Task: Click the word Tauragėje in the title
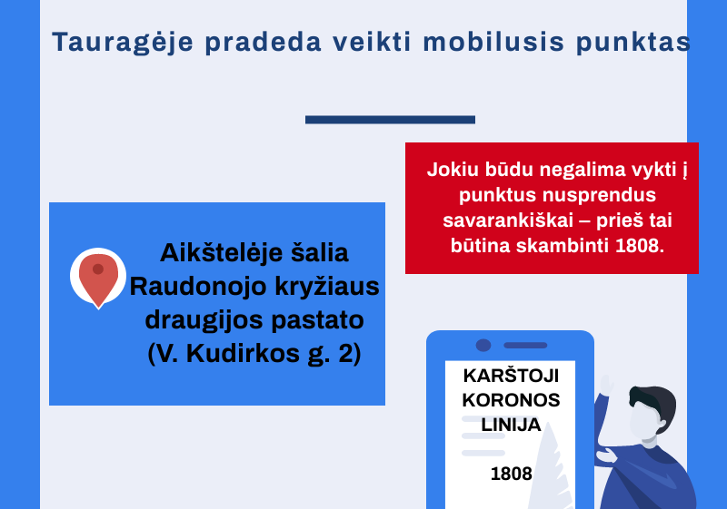click(123, 42)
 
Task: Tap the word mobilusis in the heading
click(493, 42)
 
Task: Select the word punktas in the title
click(632, 43)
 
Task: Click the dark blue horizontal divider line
click(390, 120)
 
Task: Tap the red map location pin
click(98, 279)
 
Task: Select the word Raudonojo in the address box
click(198, 287)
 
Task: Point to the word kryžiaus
click(327, 287)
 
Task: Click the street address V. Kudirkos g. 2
click(254, 354)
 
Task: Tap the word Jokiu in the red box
click(453, 170)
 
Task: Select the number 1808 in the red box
click(640, 246)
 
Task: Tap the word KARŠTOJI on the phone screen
click(511, 376)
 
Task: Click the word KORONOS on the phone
click(511, 400)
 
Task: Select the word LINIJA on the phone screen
click(511, 425)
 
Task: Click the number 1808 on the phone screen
click(512, 474)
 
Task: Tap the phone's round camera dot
click(483, 345)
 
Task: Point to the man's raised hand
click(605, 385)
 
